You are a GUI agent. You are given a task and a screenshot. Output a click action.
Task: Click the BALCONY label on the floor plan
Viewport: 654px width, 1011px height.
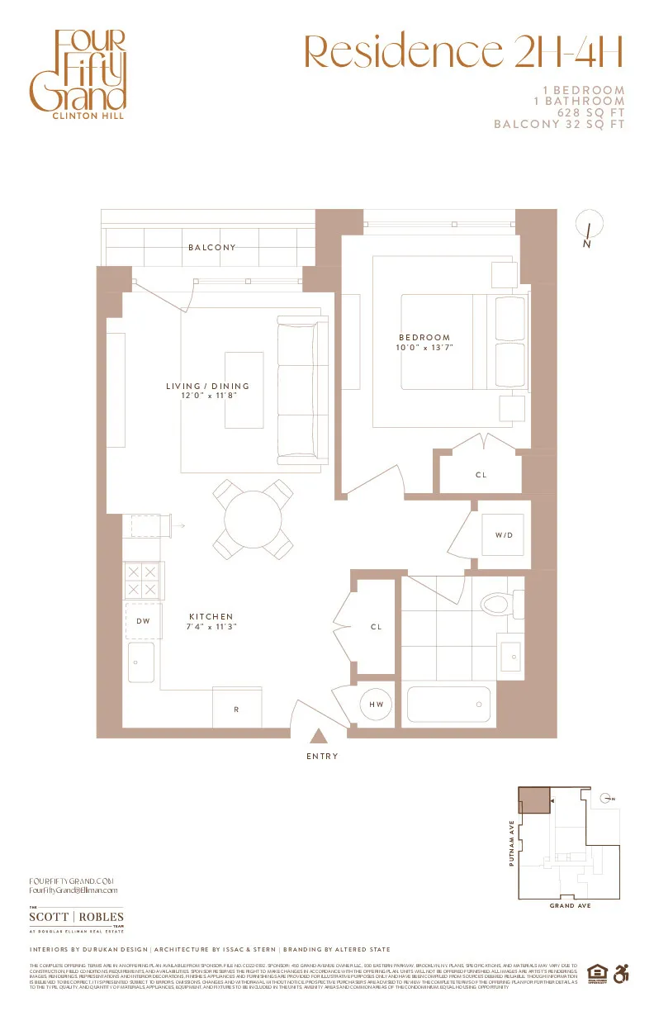click(x=211, y=247)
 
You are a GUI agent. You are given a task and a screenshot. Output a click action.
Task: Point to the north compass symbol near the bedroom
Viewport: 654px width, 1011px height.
click(x=589, y=225)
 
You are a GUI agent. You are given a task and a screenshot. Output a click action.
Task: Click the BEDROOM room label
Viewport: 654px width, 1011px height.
click(x=425, y=337)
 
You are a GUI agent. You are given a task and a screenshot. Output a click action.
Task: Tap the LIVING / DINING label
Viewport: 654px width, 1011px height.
click(x=207, y=386)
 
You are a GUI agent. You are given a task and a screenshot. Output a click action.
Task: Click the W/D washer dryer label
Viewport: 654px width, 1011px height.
click(x=504, y=535)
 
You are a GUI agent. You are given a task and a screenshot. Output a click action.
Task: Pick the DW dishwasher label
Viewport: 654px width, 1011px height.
click(x=142, y=621)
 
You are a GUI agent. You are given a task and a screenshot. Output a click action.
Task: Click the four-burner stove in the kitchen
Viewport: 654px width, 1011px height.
click(x=144, y=580)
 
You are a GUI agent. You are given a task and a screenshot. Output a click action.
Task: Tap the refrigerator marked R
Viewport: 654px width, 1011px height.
click(x=236, y=709)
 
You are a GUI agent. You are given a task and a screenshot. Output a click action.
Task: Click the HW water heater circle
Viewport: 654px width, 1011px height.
click(x=377, y=705)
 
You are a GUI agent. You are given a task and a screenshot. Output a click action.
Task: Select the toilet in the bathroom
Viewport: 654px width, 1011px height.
click(x=500, y=603)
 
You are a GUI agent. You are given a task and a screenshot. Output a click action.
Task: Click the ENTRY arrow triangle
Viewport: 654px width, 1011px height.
click(x=317, y=735)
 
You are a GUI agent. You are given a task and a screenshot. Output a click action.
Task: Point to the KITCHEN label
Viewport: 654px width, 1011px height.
click(x=211, y=616)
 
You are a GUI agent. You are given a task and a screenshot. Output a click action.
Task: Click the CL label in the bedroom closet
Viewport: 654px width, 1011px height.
click(x=481, y=474)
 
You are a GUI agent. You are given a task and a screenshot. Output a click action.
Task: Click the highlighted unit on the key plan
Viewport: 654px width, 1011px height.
click(x=533, y=800)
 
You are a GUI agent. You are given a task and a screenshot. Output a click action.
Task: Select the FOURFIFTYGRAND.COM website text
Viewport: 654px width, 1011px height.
click(x=70, y=881)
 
